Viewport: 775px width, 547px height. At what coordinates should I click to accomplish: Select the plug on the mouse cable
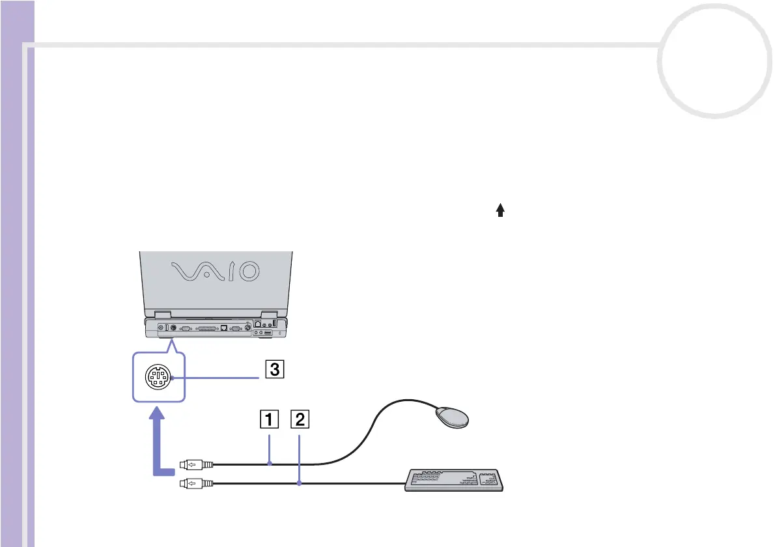click(x=195, y=464)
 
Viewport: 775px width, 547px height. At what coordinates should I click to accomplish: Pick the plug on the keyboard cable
click(x=195, y=483)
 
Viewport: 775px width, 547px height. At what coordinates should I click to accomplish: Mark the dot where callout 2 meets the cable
click(x=300, y=483)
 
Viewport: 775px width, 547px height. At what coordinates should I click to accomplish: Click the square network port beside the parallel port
click(x=224, y=330)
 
